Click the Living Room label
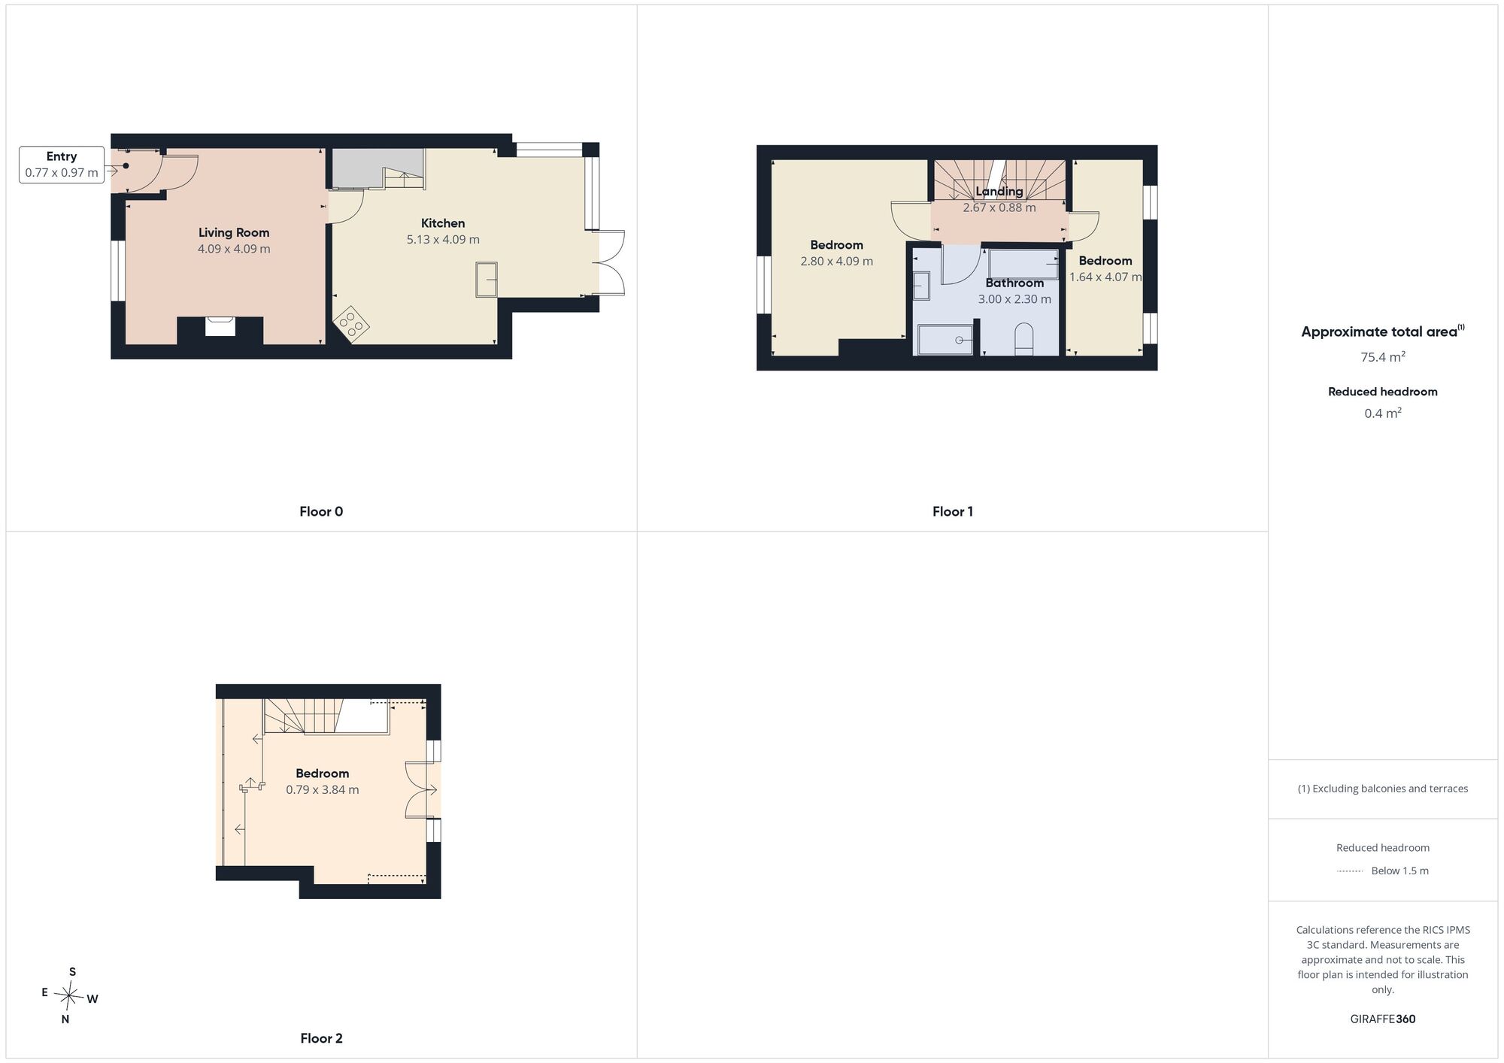(234, 232)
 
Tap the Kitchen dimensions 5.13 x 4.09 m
(443, 240)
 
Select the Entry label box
(62, 165)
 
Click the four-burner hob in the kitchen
(352, 324)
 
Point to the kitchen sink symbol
(487, 280)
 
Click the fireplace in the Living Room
(220, 326)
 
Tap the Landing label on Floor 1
(999, 192)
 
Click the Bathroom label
(1014, 283)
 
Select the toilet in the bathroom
(1024, 339)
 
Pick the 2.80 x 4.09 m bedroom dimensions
(837, 262)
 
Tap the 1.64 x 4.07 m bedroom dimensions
(1105, 277)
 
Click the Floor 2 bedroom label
(323, 774)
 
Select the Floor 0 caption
(321, 512)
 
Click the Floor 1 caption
(953, 512)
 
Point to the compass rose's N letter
(65, 1019)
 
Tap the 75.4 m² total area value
(1383, 357)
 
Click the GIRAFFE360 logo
(1383, 1019)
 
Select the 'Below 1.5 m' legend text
(1400, 871)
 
